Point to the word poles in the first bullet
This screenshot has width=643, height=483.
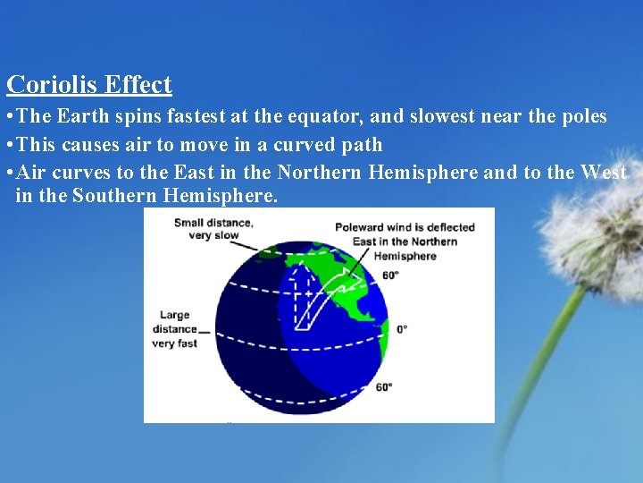581,116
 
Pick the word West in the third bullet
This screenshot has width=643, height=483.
604,172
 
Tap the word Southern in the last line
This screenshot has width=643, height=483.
116,196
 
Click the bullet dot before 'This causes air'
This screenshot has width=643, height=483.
9,145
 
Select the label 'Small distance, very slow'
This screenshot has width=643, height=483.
213,229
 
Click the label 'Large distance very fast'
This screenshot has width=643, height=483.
175,329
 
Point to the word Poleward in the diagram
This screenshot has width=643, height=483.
359,227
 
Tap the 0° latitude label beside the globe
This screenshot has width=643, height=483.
401,329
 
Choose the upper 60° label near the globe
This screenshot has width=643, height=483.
389,275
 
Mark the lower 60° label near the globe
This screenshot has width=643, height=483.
384,387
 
